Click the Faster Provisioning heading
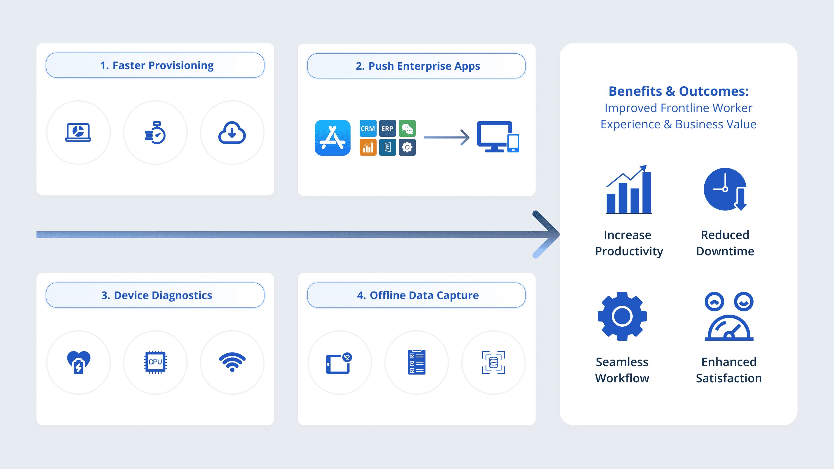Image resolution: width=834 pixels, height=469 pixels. point(157,65)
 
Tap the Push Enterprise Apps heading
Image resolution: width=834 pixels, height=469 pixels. point(418,66)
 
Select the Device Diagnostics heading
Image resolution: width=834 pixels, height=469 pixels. point(156,295)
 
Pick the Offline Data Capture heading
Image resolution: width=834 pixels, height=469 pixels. point(418,295)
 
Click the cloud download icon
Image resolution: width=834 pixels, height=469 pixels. point(232,133)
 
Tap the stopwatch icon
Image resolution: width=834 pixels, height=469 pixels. point(155,133)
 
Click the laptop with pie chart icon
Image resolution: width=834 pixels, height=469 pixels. point(78,133)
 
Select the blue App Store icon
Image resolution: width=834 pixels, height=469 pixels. point(332,138)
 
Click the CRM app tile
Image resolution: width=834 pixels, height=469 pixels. point(368,128)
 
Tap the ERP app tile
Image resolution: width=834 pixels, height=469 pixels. point(387,128)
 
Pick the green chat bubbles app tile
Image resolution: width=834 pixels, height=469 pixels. point(407,128)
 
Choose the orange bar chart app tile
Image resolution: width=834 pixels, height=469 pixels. point(368,148)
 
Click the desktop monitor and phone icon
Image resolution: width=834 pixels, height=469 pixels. point(498,137)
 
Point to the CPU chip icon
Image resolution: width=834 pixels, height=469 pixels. point(155,362)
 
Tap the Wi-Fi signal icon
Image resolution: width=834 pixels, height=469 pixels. point(232,362)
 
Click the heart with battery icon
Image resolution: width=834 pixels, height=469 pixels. point(78,362)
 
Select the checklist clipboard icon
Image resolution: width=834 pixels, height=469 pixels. point(416,362)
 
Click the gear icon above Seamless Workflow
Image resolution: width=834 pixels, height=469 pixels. point(622,316)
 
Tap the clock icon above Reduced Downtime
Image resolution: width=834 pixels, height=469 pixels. point(725,189)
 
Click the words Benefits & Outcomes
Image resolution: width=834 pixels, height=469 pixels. point(679,91)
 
